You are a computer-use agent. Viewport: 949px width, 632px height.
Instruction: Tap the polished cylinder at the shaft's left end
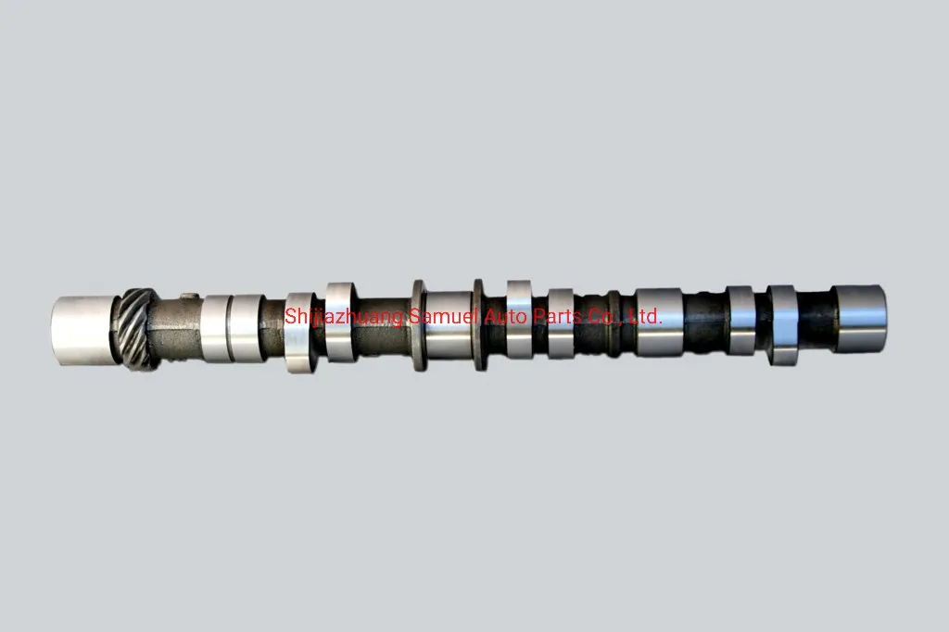click(83, 329)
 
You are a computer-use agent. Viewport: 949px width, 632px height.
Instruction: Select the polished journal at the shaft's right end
click(860, 318)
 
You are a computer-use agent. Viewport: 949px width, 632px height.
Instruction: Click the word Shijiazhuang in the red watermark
click(345, 318)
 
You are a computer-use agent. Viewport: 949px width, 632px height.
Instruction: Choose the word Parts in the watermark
click(561, 316)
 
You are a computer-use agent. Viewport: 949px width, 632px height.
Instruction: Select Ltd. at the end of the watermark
click(645, 316)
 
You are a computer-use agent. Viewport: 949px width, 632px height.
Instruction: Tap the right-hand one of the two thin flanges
click(479, 324)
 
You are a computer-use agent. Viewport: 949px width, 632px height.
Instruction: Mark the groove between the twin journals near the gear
click(231, 327)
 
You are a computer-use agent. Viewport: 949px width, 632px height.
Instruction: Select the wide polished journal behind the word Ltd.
click(659, 322)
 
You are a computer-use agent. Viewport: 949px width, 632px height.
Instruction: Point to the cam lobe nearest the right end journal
click(782, 324)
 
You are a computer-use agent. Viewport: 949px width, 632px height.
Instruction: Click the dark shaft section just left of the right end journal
click(816, 320)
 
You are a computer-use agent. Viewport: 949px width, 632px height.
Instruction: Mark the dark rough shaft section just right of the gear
click(176, 329)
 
